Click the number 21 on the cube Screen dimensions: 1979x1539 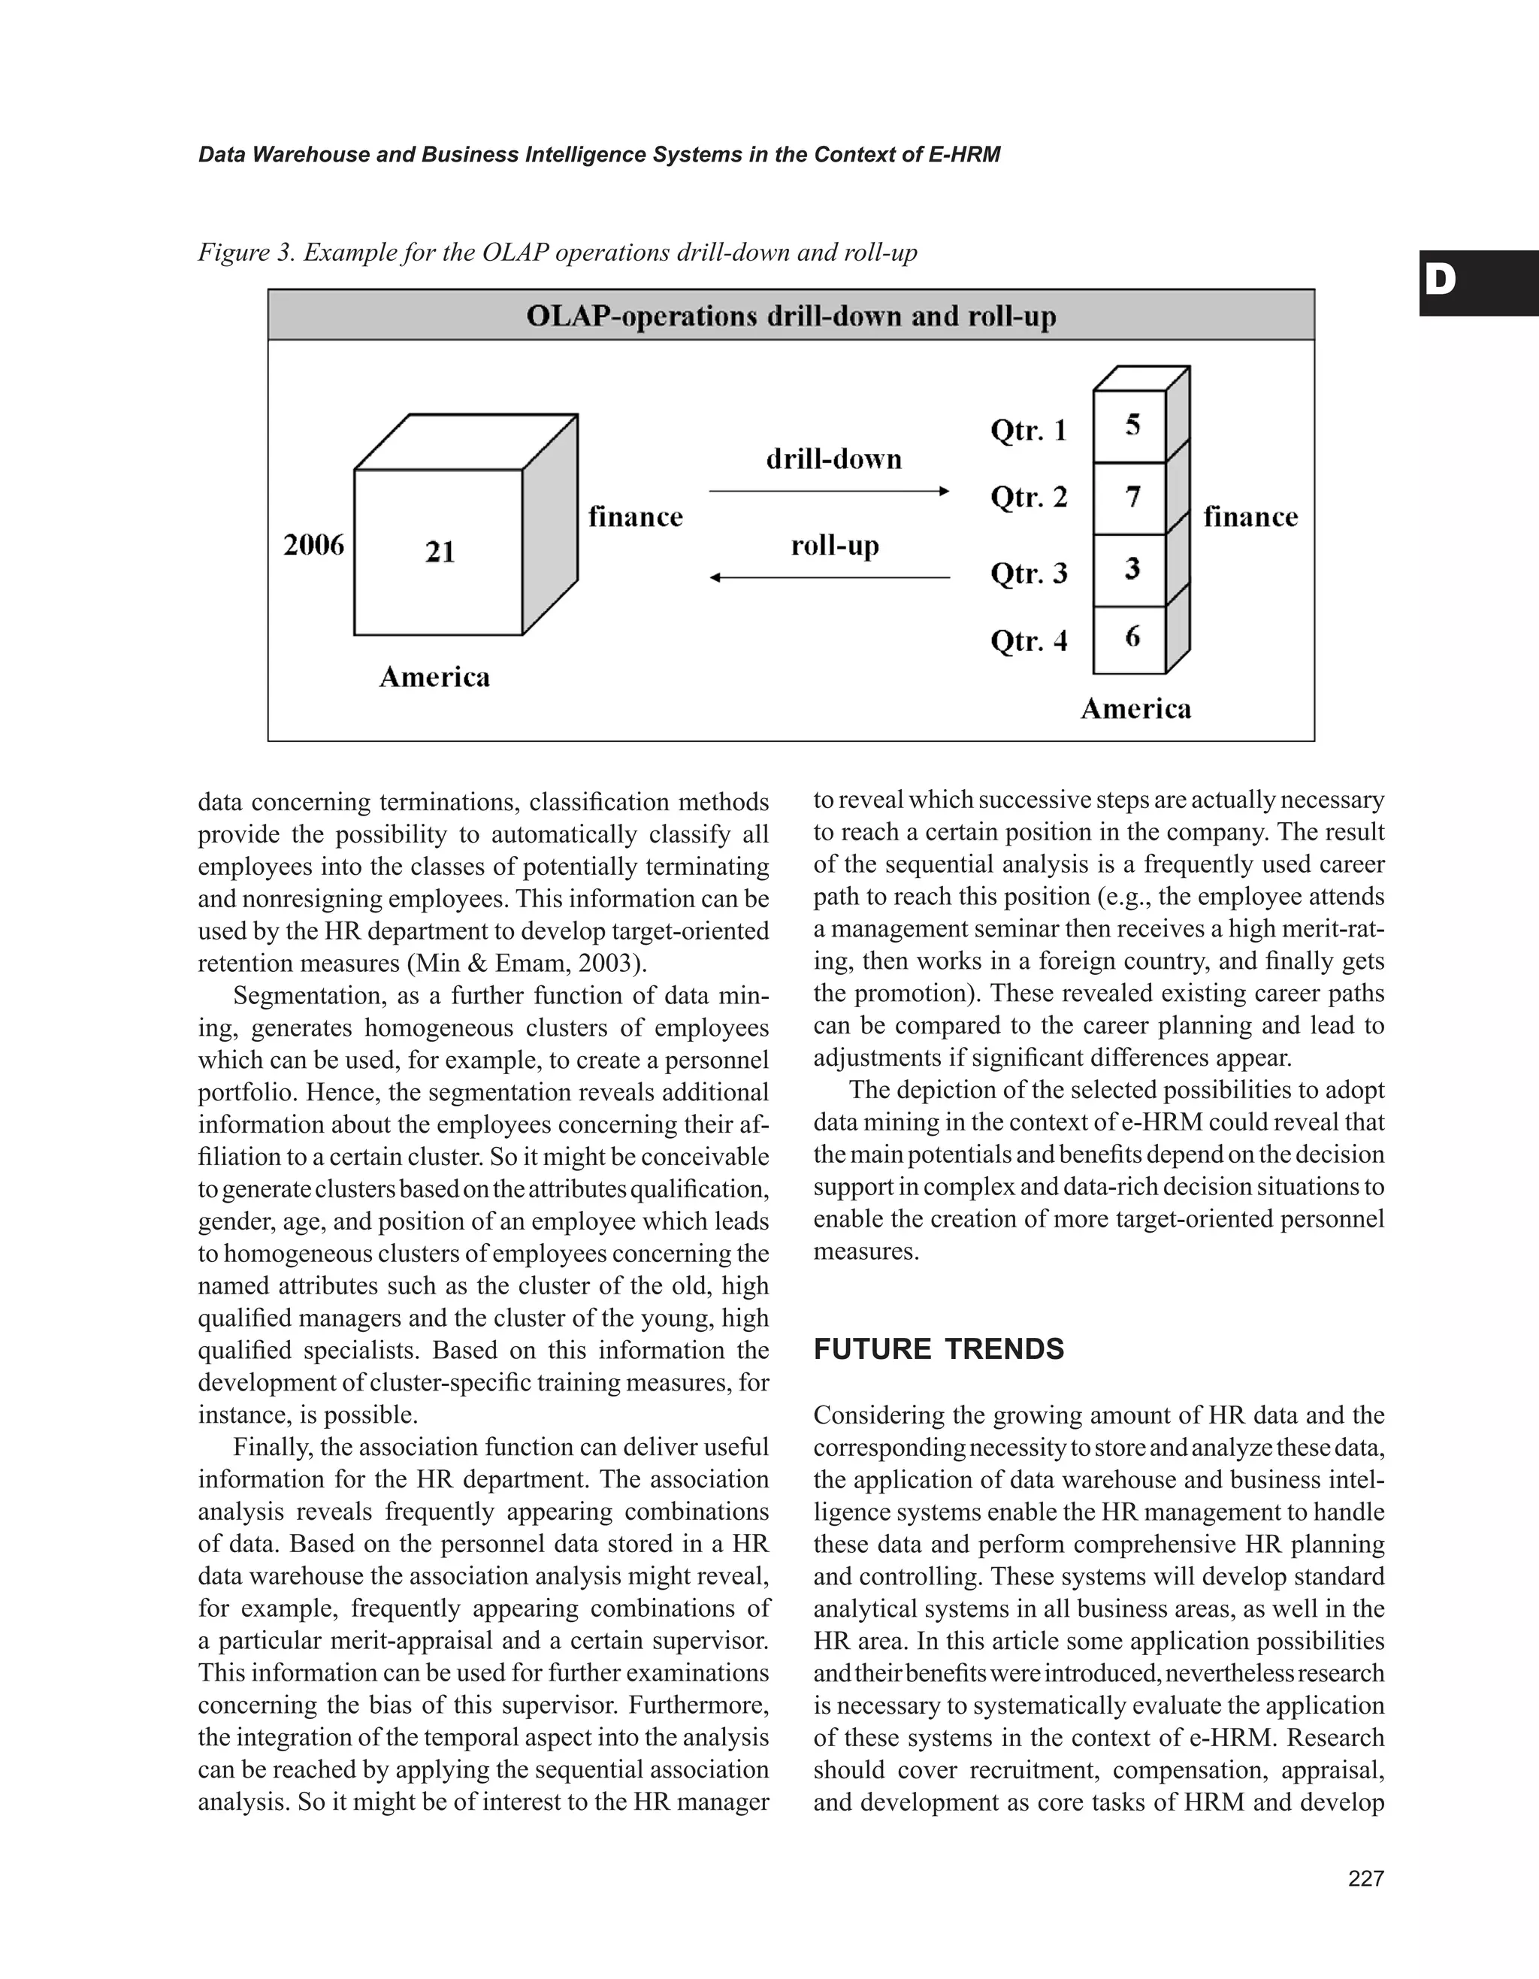440,551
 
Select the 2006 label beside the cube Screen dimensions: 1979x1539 314,545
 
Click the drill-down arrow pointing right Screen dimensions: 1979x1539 829,491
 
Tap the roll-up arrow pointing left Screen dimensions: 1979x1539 829,577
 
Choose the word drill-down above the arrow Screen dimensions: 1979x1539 834,458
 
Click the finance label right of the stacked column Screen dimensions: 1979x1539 1250,516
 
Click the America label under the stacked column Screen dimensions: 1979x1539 1136,709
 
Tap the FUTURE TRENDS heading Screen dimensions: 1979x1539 939,1349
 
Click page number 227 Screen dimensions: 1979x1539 1366,1878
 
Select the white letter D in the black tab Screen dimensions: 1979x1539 1441,283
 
